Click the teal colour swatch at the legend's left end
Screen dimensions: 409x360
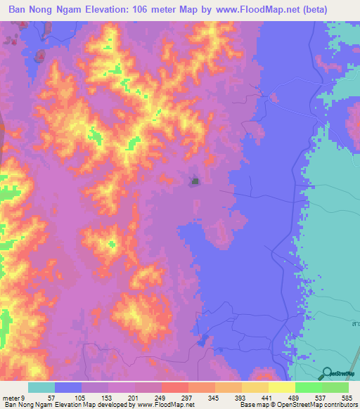click(41, 387)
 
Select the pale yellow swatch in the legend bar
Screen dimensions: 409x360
click(282, 387)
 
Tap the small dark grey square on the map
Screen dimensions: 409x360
click(195, 182)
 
